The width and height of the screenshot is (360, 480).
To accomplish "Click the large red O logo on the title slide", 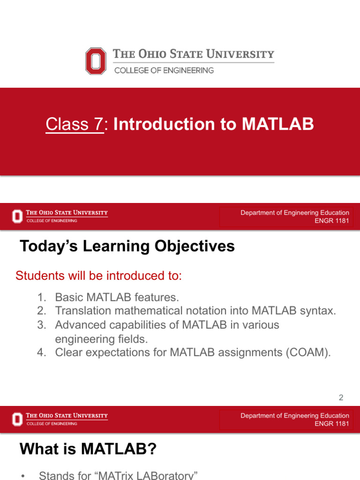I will (x=96, y=61).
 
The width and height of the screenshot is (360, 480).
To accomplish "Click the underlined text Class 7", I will (x=75, y=125).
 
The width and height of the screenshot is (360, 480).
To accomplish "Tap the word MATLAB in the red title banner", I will (x=277, y=125).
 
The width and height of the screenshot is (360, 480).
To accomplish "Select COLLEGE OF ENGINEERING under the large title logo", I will (x=164, y=70).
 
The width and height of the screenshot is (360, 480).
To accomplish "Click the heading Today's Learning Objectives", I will (x=127, y=246).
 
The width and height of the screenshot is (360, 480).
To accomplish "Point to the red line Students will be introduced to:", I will (x=98, y=276).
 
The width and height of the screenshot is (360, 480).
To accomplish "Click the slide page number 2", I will (x=341, y=398).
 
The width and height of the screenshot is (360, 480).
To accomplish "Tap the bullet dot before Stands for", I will (x=22, y=476).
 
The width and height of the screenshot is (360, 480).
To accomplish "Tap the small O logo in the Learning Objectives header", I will (x=17, y=216).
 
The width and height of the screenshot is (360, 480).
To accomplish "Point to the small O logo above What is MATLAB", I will (x=17, y=419).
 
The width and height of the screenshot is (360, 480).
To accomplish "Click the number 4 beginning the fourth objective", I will (x=41, y=353).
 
